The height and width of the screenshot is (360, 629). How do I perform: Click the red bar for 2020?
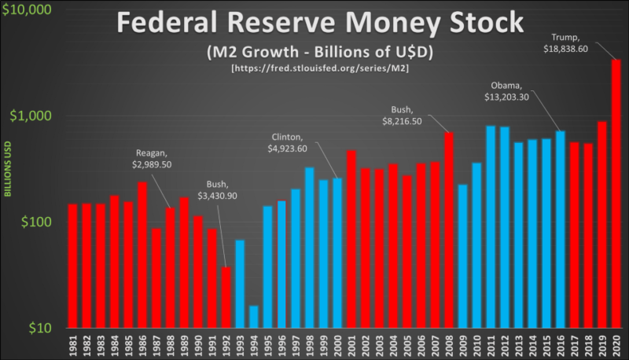(616, 193)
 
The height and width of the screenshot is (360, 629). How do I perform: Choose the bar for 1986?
(142, 255)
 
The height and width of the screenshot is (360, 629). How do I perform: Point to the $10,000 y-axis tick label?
(28, 11)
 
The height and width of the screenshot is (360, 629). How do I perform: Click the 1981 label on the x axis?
(72, 346)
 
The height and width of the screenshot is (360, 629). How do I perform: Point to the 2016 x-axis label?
(560, 346)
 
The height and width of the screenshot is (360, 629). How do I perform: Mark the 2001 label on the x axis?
(351, 346)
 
